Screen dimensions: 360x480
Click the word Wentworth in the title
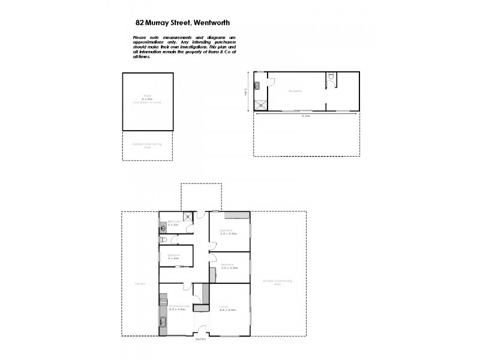[209, 23]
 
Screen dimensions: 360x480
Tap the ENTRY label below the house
[200, 340]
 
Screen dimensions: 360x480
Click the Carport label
[140, 284]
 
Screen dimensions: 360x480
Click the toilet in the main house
[163, 240]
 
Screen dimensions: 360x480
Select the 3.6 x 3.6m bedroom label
[227, 232]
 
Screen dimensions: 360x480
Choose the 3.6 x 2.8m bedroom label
[228, 266]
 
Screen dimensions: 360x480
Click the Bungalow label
[295, 91]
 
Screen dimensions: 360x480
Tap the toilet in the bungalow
[331, 76]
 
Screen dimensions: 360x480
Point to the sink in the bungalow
[257, 86]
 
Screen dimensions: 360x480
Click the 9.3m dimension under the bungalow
[307, 116]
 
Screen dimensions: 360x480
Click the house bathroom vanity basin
[163, 227]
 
